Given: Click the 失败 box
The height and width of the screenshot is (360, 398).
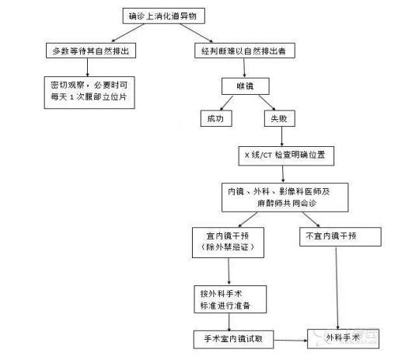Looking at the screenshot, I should (x=278, y=119).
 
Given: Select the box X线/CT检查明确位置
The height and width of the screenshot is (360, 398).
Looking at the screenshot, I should (x=289, y=155).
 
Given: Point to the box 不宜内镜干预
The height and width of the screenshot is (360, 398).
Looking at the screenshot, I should (x=337, y=234).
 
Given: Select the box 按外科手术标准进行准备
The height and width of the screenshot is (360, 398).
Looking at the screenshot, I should (x=229, y=299).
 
